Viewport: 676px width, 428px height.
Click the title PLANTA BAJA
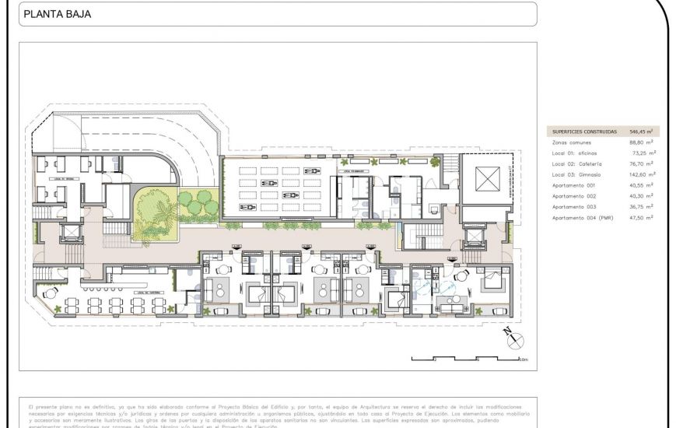point(58,13)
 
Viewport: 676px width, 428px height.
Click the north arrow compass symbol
point(514,340)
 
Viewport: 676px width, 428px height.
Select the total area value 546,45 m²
point(641,132)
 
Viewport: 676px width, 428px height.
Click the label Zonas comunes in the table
point(571,143)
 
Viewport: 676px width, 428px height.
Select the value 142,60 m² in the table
point(641,175)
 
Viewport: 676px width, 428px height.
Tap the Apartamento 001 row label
point(573,185)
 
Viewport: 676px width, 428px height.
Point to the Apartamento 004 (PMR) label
point(583,218)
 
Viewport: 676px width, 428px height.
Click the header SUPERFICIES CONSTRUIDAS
point(584,132)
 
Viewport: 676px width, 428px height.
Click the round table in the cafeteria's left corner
point(51,293)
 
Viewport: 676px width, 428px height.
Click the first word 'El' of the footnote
point(30,406)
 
